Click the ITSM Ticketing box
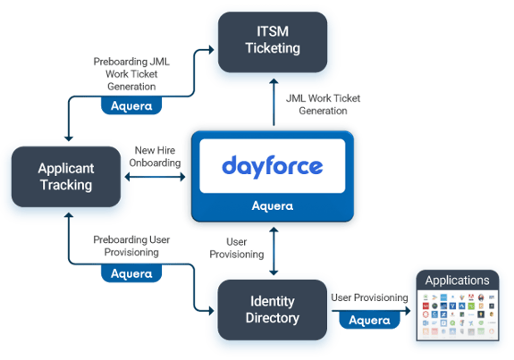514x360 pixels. (x=273, y=40)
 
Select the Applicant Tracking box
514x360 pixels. (x=65, y=176)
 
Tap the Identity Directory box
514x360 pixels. (x=273, y=309)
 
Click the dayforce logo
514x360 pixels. (x=272, y=166)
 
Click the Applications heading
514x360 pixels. (x=457, y=280)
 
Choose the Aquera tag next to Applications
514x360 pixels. (x=369, y=319)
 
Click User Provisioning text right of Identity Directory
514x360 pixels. (x=369, y=297)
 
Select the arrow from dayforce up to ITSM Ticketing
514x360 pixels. (x=273, y=100)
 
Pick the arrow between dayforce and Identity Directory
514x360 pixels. (x=273, y=250)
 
